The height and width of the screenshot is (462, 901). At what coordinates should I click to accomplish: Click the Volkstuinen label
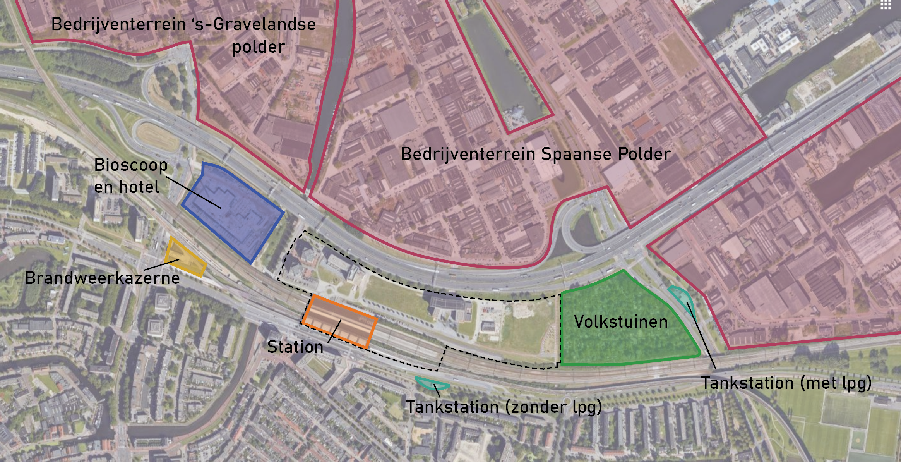coord(620,322)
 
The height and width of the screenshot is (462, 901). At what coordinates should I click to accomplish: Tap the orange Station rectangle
coord(339,322)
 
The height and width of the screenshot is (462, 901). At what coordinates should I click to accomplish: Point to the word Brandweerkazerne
coord(102,278)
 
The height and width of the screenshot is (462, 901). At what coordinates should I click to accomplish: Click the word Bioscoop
coord(130,165)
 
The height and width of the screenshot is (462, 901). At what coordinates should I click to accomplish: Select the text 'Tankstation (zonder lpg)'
coord(504,407)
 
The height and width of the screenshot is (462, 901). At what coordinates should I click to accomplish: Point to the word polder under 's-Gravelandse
coord(259,47)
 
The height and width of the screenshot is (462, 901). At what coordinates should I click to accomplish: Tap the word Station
coord(295,347)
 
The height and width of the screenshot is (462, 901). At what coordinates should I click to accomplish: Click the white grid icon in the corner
coord(886,5)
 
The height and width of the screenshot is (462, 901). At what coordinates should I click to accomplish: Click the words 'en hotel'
coord(127,187)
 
